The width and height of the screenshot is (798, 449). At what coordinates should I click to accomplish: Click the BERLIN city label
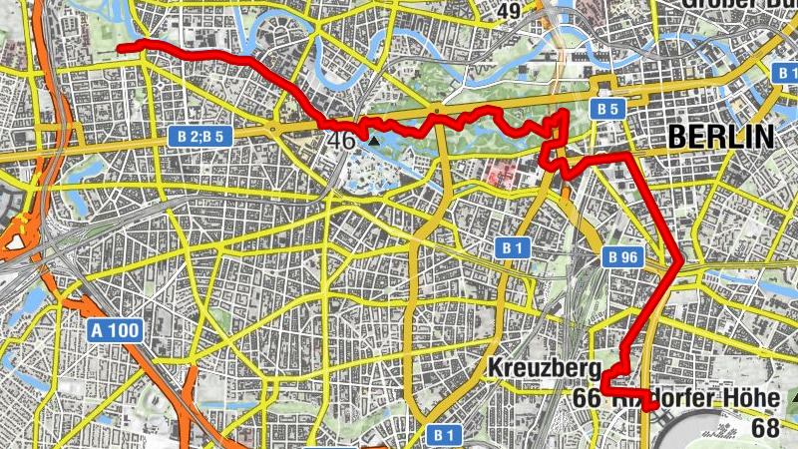tap(722, 138)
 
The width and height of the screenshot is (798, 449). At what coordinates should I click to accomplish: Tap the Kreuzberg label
tap(543, 368)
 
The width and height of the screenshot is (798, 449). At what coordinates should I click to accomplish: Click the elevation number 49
tap(509, 11)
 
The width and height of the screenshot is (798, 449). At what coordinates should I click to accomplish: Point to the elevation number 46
tap(341, 141)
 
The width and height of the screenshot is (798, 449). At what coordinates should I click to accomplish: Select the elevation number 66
tap(587, 398)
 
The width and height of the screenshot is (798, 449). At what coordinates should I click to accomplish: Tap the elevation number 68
tap(766, 428)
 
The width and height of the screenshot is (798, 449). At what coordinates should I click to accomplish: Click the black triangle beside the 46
tap(374, 141)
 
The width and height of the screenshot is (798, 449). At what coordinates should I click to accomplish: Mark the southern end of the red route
tap(651, 406)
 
